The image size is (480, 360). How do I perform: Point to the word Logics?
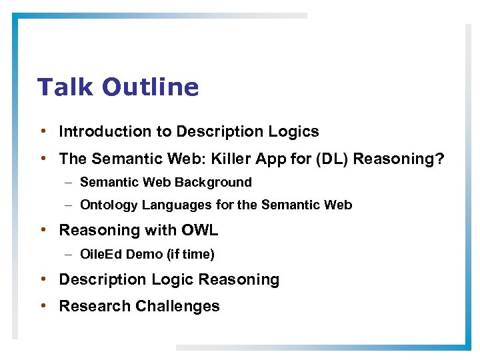(x=294, y=132)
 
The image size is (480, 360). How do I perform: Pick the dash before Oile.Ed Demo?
(x=69, y=254)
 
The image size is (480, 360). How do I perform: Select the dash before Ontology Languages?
(x=69, y=205)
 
